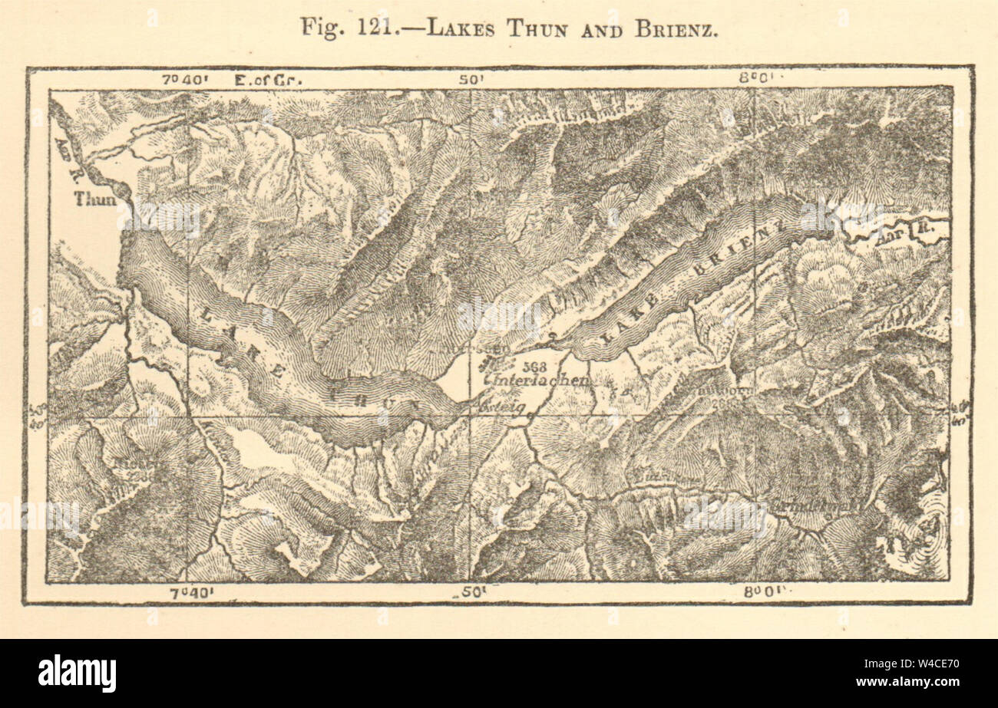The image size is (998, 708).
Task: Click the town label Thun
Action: [x=94, y=199]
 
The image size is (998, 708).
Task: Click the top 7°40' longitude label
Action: [x=184, y=79]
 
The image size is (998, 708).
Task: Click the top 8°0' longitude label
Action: [x=754, y=79]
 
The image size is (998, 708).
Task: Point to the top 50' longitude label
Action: [x=468, y=79]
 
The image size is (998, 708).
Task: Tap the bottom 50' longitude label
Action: [x=470, y=591]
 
